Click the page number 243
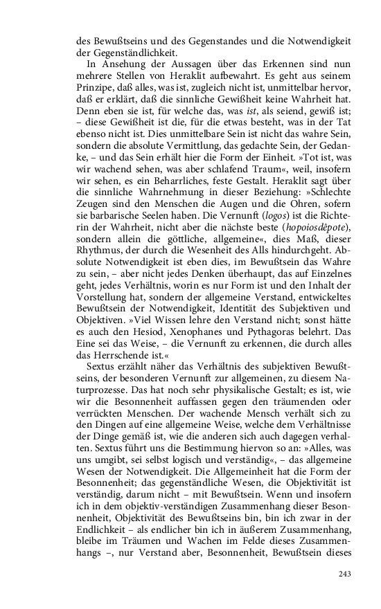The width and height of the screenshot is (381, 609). coord(346,574)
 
